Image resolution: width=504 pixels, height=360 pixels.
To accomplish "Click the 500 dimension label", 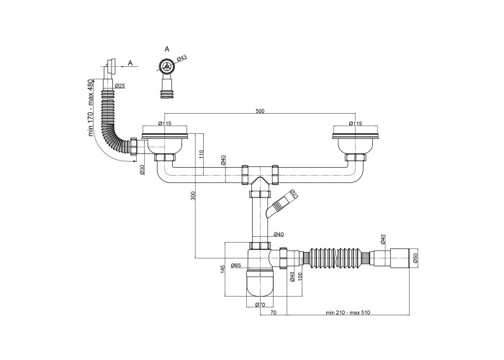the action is pyautogui.click(x=260, y=111).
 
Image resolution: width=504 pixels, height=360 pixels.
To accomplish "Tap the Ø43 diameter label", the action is pyautogui.click(x=182, y=58).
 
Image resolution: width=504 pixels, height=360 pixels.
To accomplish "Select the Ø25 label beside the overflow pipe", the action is pyautogui.click(x=120, y=86).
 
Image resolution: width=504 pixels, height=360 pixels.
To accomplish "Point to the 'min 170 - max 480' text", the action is pyautogui.click(x=90, y=107).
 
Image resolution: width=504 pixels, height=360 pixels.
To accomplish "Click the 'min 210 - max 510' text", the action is pyautogui.click(x=348, y=312).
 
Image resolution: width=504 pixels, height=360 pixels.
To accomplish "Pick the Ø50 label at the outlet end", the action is pyautogui.click(x=415, y=258).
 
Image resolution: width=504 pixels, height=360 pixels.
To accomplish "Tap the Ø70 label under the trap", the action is pyautogui.click(x=260, y=305).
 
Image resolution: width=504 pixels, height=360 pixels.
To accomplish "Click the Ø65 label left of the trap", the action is pyautogui.click(x=236, y=265).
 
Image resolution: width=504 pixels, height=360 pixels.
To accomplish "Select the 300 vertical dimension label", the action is pyautogui.click(x=193, y=195).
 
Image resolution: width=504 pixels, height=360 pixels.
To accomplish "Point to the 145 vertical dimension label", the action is pyautogui.click(x=222, y=269).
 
